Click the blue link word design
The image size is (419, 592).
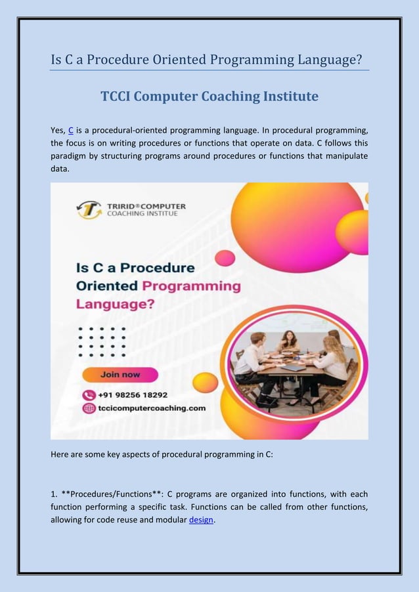point(200,520)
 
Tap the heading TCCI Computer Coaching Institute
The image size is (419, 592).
point(209,96)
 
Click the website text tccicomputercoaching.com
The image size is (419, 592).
point(152,408)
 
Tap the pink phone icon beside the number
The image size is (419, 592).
point(89,395)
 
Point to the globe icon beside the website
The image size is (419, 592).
point(89,408)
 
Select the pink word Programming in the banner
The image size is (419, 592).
point(191,286)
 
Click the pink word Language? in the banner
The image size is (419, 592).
point(116,304)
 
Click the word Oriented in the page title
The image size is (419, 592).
point(173,60)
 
